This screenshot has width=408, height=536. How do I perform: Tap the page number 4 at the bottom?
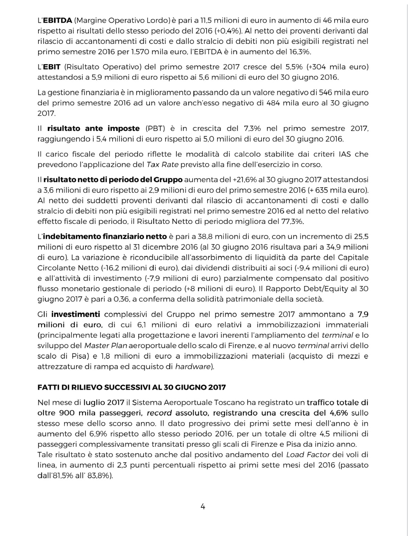(x=203, y=506)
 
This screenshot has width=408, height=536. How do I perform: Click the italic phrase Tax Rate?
(x=162, y=164)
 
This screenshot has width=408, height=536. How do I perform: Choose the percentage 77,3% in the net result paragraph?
(x=292, y=221)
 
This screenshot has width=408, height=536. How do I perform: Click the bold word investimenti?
(x=75, y=314)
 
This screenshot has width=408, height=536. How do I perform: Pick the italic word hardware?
(x=192, y=366)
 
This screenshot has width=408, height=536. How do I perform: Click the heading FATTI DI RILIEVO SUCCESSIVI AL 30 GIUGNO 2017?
(x=131, y=387)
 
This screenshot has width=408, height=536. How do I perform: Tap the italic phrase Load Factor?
(x=308, y=455)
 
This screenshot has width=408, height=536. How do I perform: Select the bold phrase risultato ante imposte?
(x=93, y=128)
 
